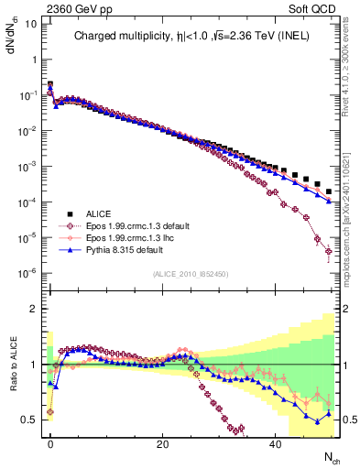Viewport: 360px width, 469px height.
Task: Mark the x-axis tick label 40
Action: (275, 442)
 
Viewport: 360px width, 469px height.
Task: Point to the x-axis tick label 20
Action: (162, 442)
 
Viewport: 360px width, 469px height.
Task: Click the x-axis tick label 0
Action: (50, 442)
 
